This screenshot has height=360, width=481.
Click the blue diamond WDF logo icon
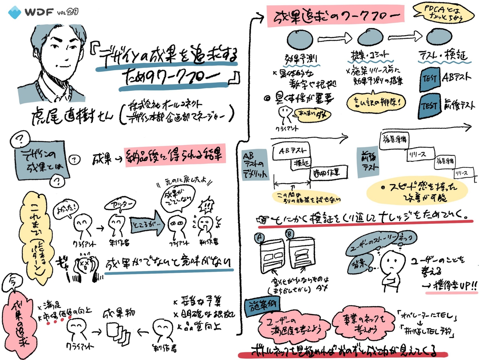click(15, 12)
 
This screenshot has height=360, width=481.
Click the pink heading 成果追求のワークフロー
click(335, 17)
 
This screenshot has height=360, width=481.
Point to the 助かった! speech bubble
click(66, 208)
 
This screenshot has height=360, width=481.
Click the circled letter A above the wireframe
click(259, 238)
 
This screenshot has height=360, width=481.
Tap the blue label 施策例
click(262, 307)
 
